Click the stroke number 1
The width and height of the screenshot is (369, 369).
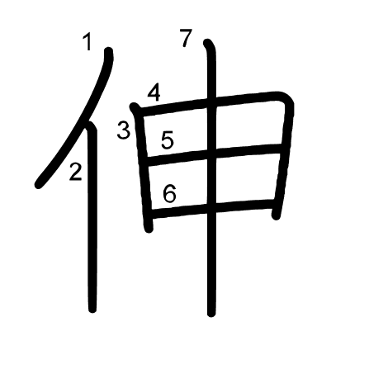click(88, 42)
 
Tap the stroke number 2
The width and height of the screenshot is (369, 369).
click(75, 172)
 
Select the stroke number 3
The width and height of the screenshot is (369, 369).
click(124, 130)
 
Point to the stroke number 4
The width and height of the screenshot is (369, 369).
click(154, 93)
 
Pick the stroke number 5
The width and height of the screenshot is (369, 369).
click(168, 140)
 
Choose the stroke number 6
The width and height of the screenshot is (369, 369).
click(169, 193)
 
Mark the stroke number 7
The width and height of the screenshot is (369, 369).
click(186, 38)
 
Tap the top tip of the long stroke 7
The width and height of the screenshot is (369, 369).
click(207, 43)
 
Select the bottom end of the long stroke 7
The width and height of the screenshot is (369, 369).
click(211, 313)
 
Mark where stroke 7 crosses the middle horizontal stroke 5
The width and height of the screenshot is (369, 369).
click(211, 154)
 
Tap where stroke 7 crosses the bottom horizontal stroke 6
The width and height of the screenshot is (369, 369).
click(211, 208)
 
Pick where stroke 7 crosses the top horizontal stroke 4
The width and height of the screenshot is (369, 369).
click(211, 103)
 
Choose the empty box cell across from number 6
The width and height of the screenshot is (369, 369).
click(245, 178)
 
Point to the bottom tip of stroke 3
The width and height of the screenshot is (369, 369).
click(149, 229)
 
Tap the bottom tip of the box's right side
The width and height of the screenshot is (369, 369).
click(276, 215)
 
